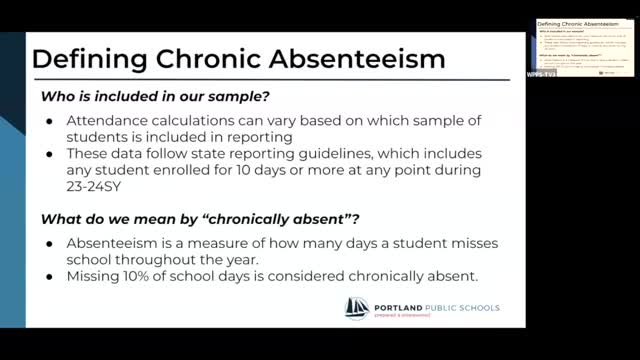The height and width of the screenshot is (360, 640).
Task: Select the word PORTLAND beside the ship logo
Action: (x=401, y=304)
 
